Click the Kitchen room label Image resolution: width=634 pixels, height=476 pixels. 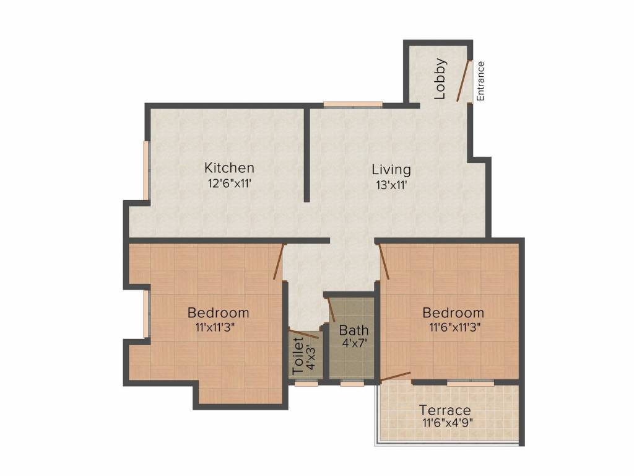point(229,168)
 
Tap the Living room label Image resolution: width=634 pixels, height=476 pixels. point(391,169)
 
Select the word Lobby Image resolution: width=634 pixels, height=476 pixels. point(440,79)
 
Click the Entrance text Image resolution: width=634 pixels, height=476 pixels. point(481,81)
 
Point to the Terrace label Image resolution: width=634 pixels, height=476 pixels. point(445,410)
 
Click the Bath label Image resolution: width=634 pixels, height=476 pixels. point(354,330)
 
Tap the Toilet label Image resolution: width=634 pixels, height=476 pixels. point(298,355)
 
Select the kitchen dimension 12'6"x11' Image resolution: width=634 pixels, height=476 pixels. point(229,183)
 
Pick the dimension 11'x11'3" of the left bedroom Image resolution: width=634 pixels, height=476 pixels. point(219,328)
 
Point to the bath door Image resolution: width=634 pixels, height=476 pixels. point(331,309)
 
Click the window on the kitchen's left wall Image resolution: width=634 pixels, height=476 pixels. point(147,171)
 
